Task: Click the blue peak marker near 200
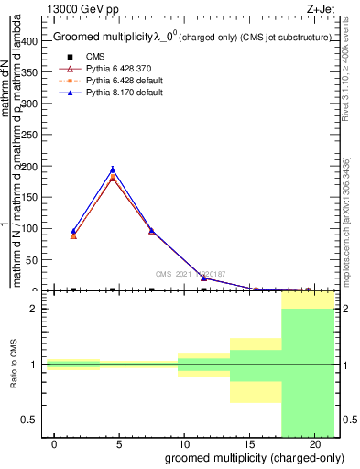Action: click(x=113, y=169)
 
